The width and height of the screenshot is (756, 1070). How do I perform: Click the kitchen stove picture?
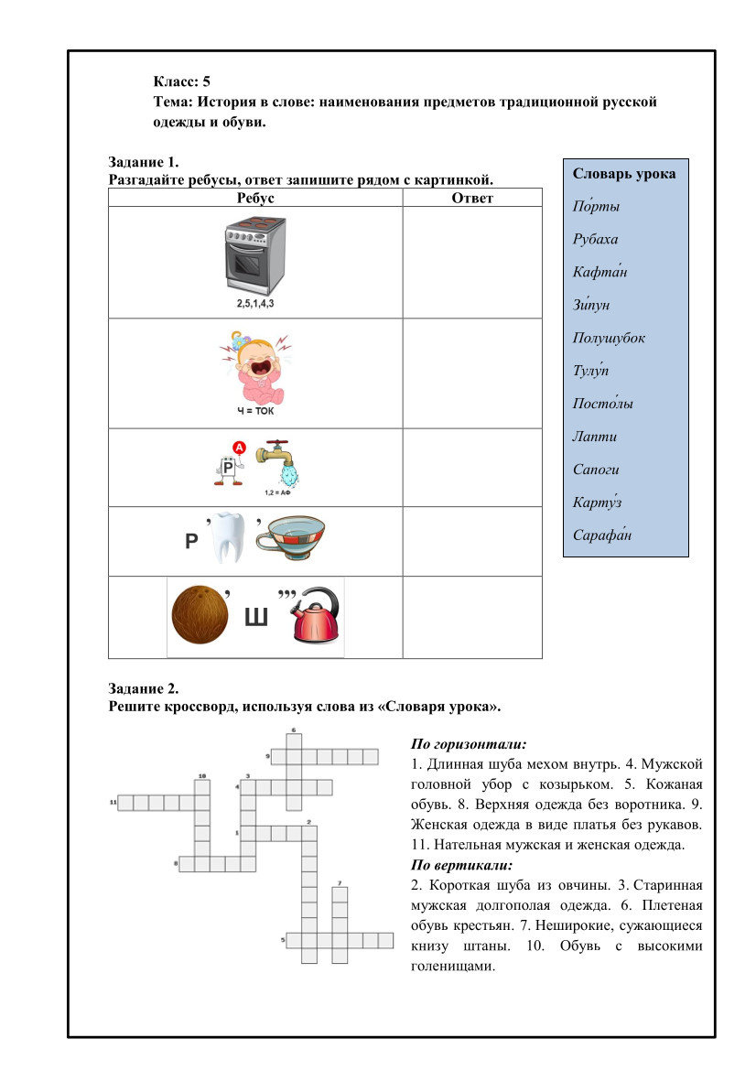click(254, 255)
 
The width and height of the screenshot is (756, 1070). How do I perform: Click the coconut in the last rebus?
click(201, 618)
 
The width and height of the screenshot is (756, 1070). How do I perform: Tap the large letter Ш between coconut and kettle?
click(257, 622)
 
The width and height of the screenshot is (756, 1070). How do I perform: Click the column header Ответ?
click(472, 198)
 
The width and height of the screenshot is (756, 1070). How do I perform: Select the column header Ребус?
click(254, 198)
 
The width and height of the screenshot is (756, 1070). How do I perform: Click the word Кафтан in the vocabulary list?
click(599, 273)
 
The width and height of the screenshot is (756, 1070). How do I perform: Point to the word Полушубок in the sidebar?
click(609, 339)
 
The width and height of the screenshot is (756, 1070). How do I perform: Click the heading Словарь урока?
click(623, 174)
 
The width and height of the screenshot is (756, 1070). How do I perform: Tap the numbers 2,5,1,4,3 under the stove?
click(254, 303)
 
